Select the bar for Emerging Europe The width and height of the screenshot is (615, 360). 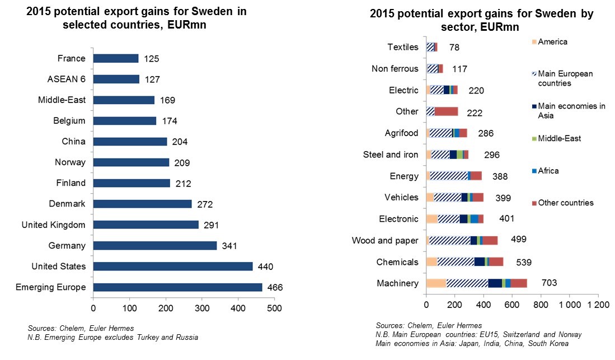177,287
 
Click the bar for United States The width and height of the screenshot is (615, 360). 172,267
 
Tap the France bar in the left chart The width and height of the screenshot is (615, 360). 116,59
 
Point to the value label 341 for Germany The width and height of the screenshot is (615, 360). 227,246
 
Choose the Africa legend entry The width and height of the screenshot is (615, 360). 548,171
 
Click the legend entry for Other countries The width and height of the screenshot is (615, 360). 565,203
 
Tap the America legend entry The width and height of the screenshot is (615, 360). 552,41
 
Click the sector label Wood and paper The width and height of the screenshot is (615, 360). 385,241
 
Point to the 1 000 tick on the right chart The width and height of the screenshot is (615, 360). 569,305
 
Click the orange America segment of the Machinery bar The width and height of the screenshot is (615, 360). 436,283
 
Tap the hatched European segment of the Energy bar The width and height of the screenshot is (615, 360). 449,176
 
